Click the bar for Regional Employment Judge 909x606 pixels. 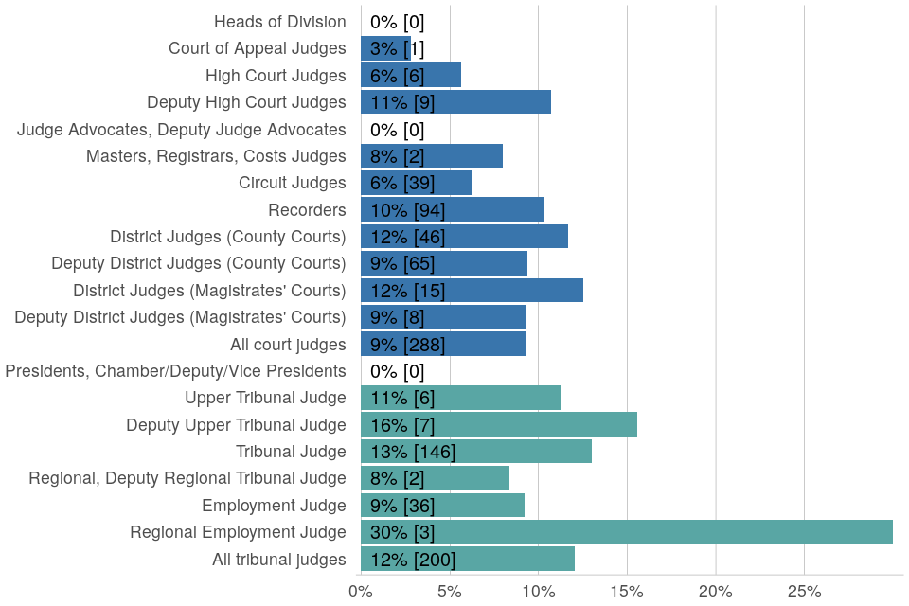(626, 532)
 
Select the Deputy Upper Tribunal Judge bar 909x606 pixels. (498, 425)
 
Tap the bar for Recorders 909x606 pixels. (452, 210)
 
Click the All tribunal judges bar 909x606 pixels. (467, 560)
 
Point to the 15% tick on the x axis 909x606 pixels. (627, 591)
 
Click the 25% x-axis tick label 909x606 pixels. (804, 591)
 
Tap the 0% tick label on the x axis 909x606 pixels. (360, 591)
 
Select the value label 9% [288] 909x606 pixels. (407, 345)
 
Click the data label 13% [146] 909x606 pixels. (413, 452)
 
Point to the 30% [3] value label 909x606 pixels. (402, 532)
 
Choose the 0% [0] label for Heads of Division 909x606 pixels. (397, 22)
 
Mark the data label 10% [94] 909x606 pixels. (407, 210)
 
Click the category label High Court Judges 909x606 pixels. (276, 76)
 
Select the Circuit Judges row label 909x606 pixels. (292, 183)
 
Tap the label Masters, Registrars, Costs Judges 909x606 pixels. (216, 156)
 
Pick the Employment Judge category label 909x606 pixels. (274, 506)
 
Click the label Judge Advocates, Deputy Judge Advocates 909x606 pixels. (181, 130)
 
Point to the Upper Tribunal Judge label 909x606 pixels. (265, 398)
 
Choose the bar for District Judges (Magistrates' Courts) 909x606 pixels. (472, 291)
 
